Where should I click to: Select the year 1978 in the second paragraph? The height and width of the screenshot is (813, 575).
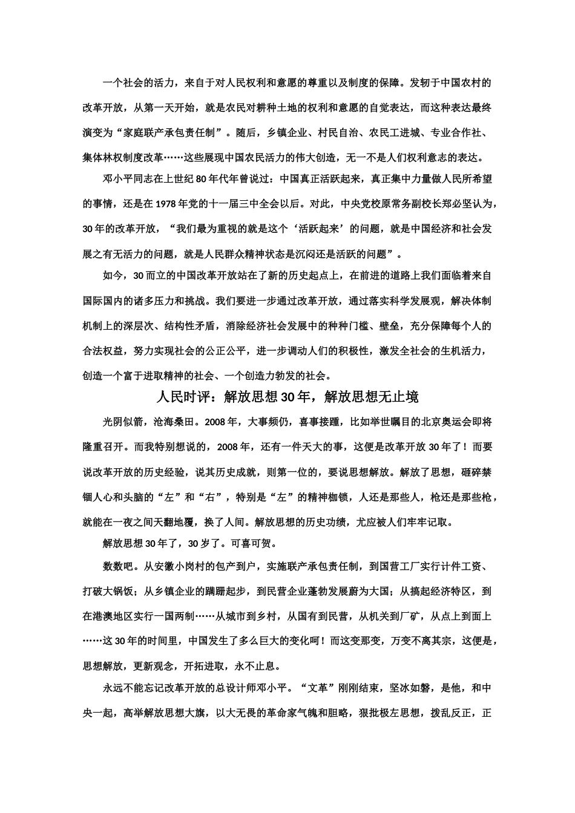point(166,203)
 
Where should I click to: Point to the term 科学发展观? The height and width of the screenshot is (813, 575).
point(418,301)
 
